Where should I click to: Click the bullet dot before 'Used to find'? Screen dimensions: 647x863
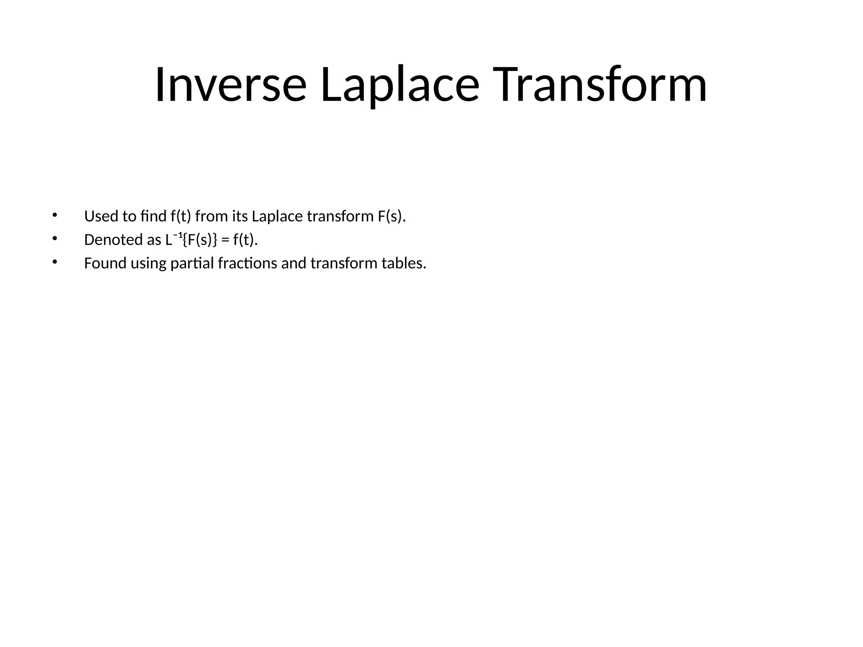tap(54, 215)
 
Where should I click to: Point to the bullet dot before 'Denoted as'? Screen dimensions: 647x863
tap(54, 239)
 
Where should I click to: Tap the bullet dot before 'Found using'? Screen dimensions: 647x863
tap(54, 262)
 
